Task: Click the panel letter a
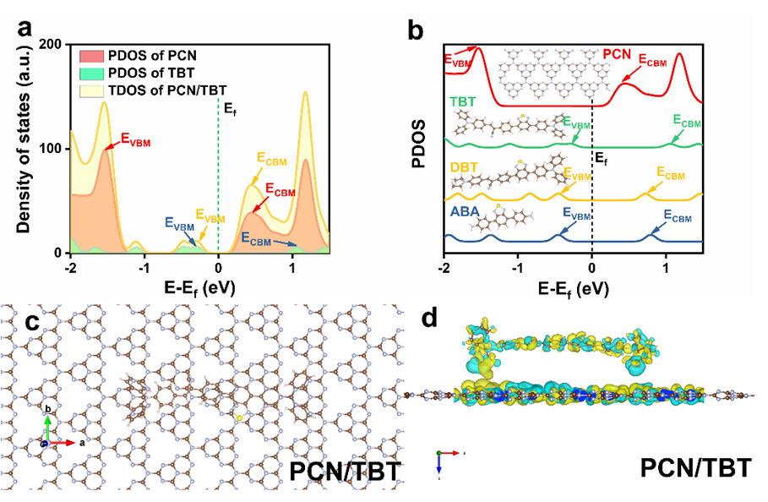(26, 27)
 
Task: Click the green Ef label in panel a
(229, 107)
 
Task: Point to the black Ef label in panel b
(602, 157)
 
